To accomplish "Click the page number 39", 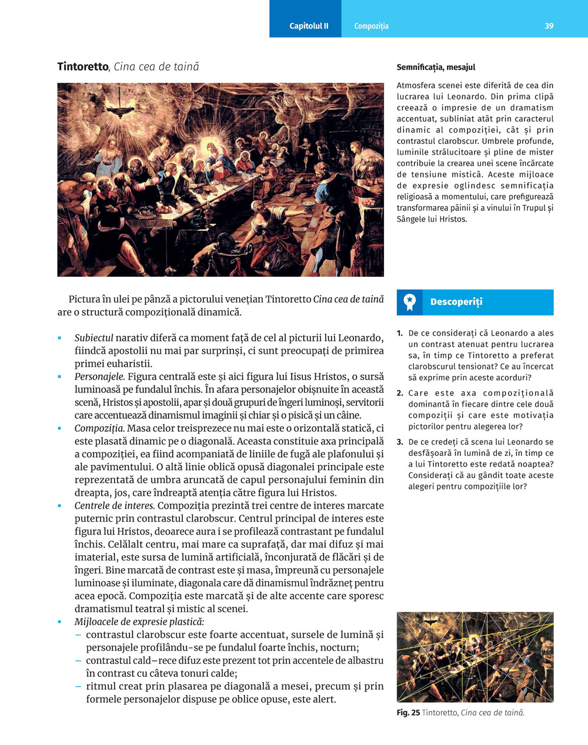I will point(549,26).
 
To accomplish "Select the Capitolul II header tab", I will point(309,26).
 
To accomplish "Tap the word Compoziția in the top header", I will point(371,26).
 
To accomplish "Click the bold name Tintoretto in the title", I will point(83,66).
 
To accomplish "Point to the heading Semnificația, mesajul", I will point(436,68).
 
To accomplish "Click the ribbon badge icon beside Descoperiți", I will point(410,302).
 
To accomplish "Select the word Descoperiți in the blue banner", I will point(456,302).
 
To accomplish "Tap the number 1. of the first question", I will point(400,333).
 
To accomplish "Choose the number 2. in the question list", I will point(400,393).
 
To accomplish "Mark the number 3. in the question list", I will point(400,442).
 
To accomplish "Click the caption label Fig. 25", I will point(408,713).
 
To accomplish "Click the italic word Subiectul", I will point(93,338).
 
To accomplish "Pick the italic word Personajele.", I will point(99,377).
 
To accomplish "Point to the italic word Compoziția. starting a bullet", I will point(99,428).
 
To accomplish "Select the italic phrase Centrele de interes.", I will point(115,506).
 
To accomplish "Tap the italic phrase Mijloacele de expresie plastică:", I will point(139,622).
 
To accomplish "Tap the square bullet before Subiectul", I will point(59,338).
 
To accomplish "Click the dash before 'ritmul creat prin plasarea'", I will point(78,686).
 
